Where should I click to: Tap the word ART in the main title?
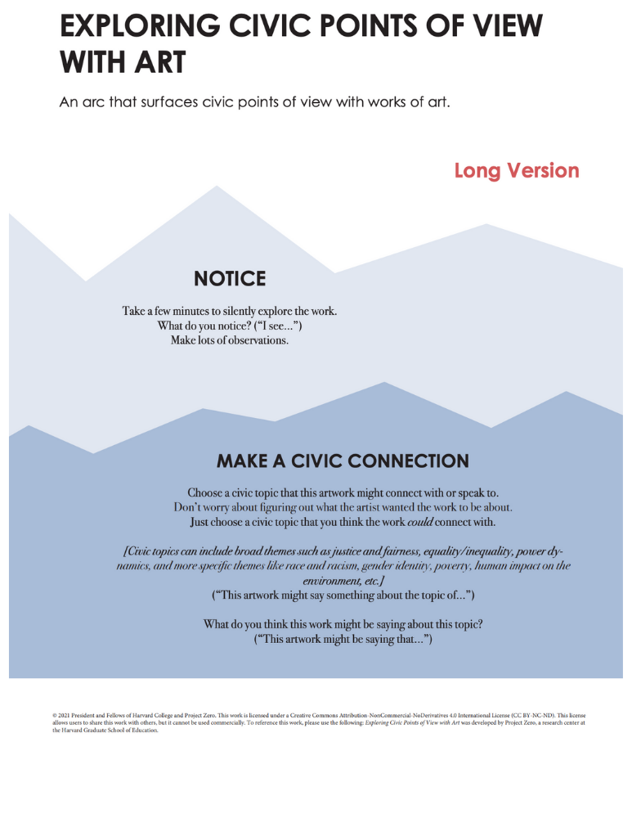(x=159, y=61)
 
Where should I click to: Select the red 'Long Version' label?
(x=517, y=170)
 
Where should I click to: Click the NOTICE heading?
(x=230, y=279)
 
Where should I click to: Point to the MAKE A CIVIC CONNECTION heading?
(x=343, y=461)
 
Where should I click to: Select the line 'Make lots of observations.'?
(x=230, y=340)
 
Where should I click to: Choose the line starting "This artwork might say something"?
(x=343, y=595)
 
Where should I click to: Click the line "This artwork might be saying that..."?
(x=343, y=639)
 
